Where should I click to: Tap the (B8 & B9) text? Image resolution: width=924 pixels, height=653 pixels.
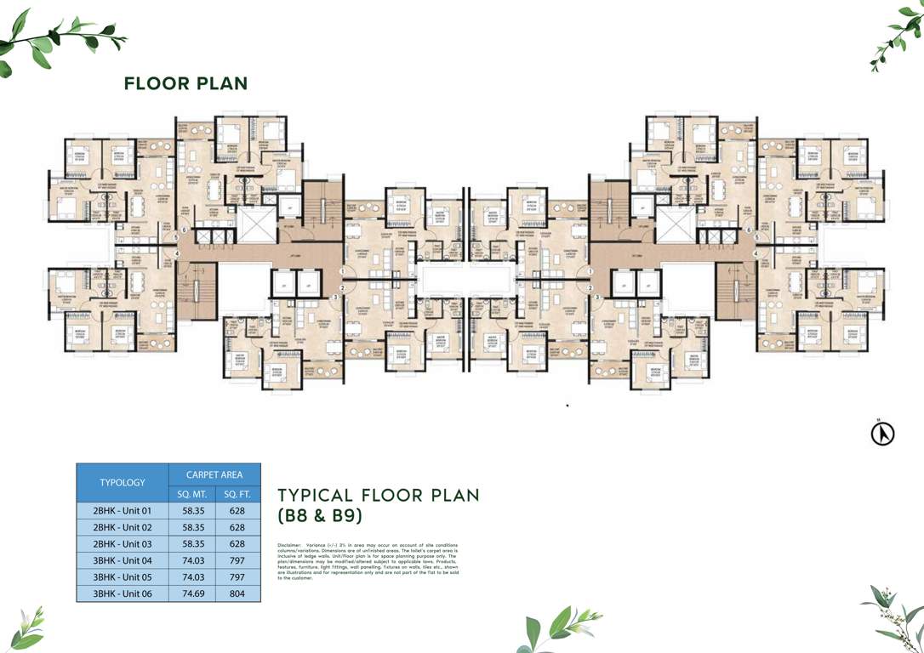[x=321, y=515]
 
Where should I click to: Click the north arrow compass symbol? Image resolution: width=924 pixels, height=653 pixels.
[x=883, y=434]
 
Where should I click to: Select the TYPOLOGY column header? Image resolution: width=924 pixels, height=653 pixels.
[x=123, y=482]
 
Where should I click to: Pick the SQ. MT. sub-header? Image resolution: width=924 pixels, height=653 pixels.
[x=192, y=494]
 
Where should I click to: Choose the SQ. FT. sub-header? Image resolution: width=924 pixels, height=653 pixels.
[x=237, y=494]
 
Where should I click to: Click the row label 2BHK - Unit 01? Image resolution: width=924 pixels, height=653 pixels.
[x=123, y=512]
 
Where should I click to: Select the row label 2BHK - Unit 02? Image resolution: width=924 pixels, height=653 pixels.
[x=123, y=528]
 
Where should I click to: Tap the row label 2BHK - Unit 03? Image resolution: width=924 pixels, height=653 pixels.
[x=123, y=544]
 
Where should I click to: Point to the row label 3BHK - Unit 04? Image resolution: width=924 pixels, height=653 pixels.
[x=123, y=560]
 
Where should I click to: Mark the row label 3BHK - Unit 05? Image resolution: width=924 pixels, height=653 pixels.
[x=123, y=576]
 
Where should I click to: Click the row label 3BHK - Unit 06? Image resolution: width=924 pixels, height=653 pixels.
[x=123, y=593]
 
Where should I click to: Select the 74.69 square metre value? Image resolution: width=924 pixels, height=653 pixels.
[x=192, y=593]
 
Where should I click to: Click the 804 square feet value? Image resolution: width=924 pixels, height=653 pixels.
[x=237, y=593]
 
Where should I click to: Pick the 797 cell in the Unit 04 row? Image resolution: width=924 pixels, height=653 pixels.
[x=237, y=560]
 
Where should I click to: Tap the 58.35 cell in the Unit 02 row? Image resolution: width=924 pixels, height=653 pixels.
[x=192, y=528]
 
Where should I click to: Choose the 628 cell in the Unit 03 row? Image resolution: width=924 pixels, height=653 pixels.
[x=237, y=544]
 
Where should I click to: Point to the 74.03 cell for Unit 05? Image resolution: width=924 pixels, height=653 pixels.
[x=192, y=576]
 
